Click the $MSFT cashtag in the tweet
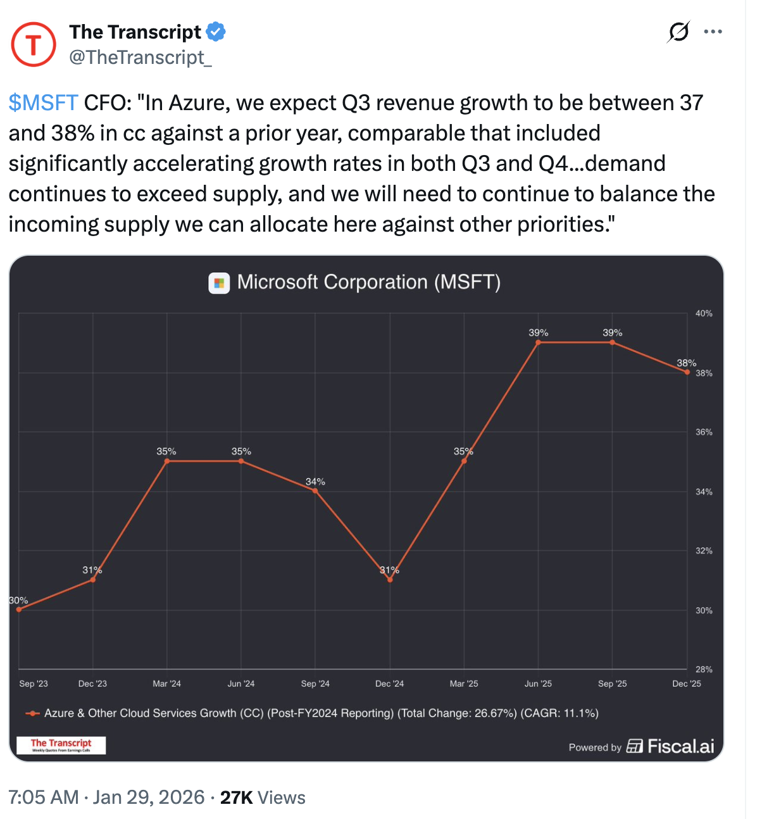43,103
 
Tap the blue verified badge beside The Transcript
216,32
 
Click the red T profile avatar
34,44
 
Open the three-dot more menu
713,32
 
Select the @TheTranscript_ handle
140,58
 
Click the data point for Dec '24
390,580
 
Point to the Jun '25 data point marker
539,342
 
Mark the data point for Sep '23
19,610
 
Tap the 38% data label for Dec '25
686,363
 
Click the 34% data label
315,482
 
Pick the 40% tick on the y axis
704,313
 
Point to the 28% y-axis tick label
704,669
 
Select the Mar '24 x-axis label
166,684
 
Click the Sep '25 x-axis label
612,684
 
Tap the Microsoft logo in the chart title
219,283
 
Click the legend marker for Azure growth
32,713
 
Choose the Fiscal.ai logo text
680,747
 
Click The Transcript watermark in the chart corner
61,745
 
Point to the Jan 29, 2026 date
149,797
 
